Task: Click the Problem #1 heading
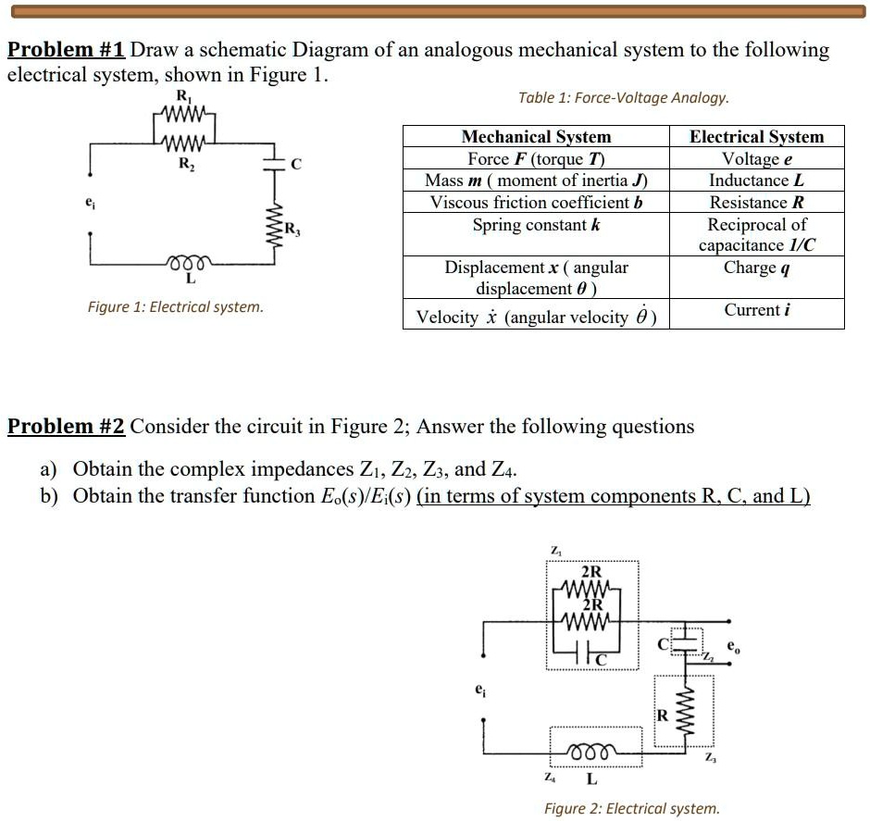coord(67,50)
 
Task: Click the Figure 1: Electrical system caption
coord(175,306)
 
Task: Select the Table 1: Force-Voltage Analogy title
coord(624,97)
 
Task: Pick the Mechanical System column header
coord(536,137)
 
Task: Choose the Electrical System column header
coord(756,137)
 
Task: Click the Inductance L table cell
coord(756,180)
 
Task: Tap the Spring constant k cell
coord(536,225)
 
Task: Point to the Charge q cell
coord(756,268)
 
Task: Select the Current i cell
coord(756,310)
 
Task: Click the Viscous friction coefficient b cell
coord(536,203)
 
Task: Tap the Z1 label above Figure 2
coord(554,551)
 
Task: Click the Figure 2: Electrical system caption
coord(631,808)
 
